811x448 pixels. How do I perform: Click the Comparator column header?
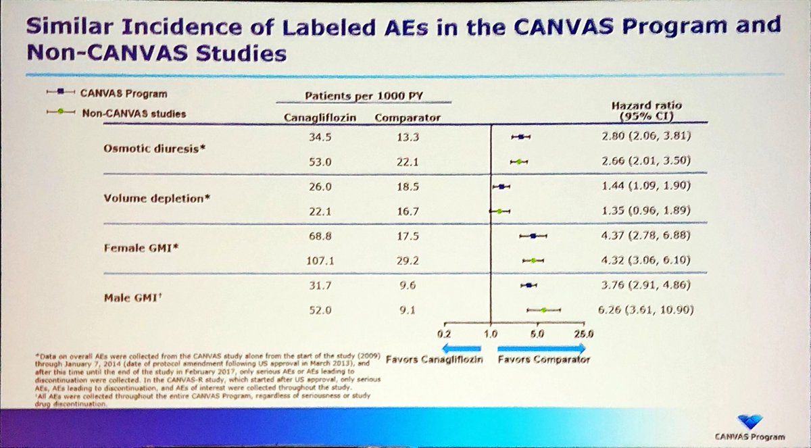click(x=407, y=117)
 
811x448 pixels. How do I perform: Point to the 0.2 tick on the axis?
click(x=445, y=333)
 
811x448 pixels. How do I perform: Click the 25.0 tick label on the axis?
click(x=583, y=333)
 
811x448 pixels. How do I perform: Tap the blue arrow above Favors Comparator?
click(x=541, y=347)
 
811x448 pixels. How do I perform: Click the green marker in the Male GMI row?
click(x=543, y=310)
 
